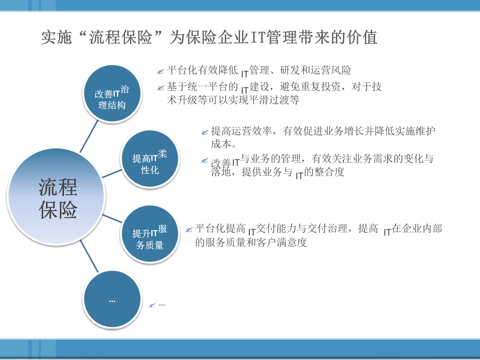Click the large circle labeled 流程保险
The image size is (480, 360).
pos(56,197)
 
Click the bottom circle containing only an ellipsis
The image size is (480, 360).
pos(112,299)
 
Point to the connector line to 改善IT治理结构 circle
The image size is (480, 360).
pos(89,136)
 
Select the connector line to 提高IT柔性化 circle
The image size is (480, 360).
pos(112,174)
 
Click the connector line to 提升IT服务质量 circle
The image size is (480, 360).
pos(112,219)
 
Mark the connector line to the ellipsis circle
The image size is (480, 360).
pos(89,256)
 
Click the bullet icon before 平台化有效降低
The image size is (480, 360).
pos(161,71)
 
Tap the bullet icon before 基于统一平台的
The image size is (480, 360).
pos(161,88)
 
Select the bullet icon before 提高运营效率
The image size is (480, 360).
pos(204,132)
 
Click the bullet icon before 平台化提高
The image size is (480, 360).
pos(189,230)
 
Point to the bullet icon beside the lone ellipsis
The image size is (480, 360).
pos(152,305)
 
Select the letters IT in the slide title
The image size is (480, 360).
pos(257,38)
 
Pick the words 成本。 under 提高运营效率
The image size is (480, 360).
pos(224,144)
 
